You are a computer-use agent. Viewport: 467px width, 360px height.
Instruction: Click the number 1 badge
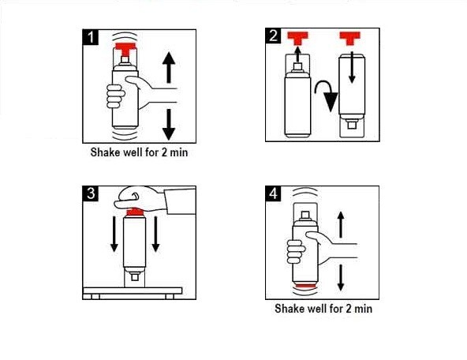point(93,37)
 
